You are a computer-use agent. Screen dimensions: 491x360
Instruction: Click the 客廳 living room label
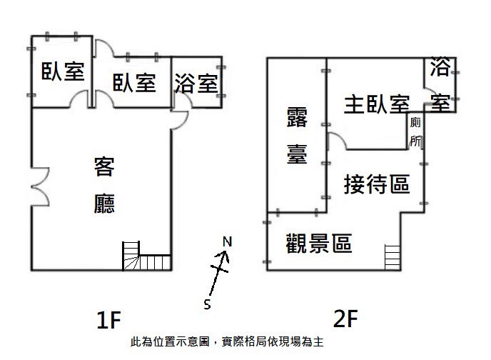(104, 185)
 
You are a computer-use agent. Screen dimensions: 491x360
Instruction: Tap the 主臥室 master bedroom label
(377, 104)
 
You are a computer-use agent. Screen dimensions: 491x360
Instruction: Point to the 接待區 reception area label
(377, 184)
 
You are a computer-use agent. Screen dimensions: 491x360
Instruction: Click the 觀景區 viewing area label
(319, 243)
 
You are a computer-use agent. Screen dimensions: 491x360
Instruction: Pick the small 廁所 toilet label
(415, 131)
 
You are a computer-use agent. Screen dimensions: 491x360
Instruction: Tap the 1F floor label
(108, 319)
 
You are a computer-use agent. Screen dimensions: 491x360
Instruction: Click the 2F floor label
(345, 318)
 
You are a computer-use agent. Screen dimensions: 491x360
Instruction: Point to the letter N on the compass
(228, 241)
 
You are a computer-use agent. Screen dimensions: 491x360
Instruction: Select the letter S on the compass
(207, 304)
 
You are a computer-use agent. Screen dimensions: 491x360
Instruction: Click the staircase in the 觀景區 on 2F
(393, 257)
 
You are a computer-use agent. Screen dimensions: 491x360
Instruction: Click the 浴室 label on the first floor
(196, 84)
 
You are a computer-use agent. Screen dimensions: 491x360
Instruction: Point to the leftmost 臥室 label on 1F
(63, 71)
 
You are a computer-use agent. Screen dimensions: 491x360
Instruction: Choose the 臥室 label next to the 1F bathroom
(134, 83)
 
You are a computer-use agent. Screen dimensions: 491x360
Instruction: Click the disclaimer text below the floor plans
(227, 341)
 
